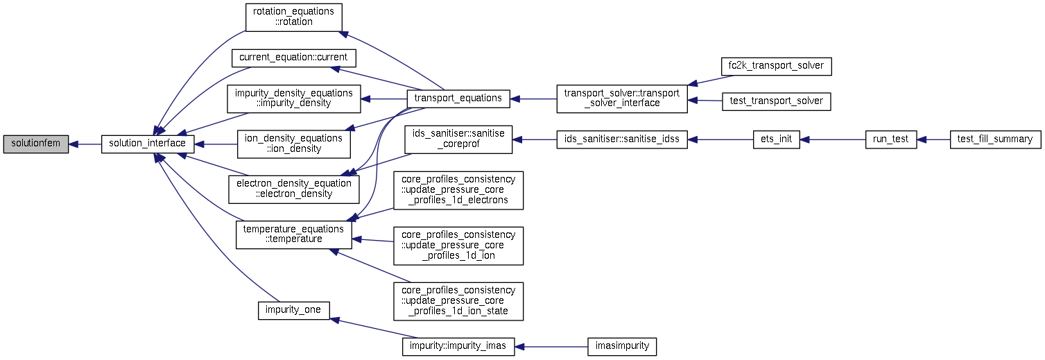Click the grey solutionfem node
point(36,144)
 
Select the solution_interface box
point(148,144)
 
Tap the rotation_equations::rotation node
point(293,18)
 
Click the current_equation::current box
point(293,58)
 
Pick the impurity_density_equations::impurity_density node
point(293,98)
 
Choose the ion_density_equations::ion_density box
point(293,144)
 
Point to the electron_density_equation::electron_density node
point(293,189)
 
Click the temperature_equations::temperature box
point(293,234)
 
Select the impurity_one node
point(293,311)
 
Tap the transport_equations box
point(458,98)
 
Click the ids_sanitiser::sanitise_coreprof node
point(458,139)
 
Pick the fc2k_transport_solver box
point(776,66)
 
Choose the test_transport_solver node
point(776,101)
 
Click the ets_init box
point(776,139)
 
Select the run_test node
point(890,139)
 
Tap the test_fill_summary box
point(995,139)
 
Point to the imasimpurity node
point(622,347)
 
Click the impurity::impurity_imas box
point(458,347)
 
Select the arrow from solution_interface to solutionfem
point(85,145)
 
